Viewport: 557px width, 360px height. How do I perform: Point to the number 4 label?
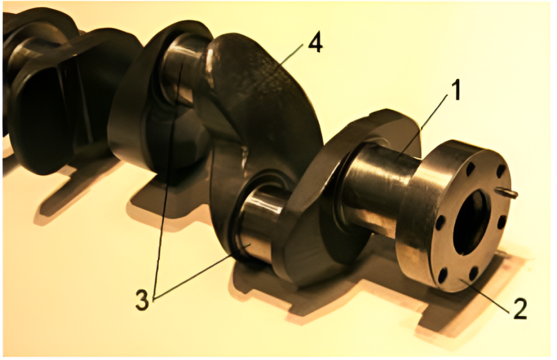click(x=315, y=44)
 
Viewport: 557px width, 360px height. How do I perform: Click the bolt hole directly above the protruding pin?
click(x=500, y=171)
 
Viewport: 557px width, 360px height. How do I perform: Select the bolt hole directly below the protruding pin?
click(x=502, y=222)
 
